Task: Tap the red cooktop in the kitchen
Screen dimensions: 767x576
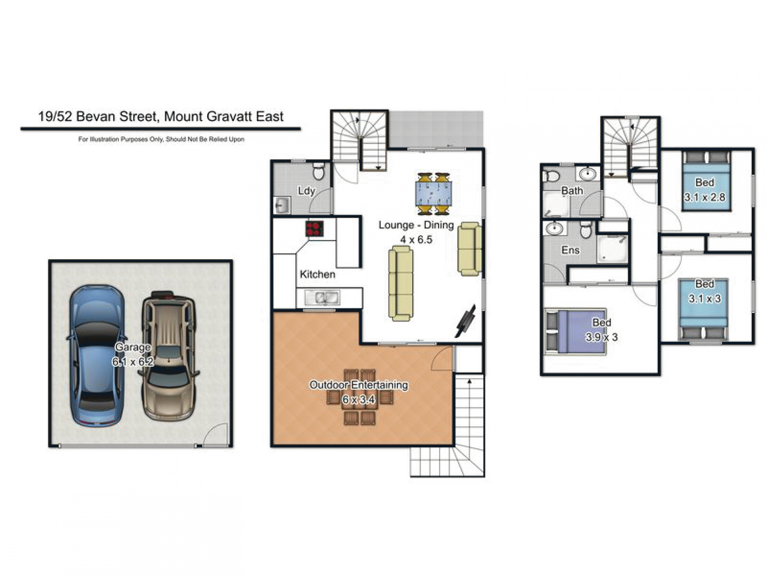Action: pyautogui.click(x=314, y=229)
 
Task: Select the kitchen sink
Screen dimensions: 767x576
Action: pyautogui.click(x=322, y=298)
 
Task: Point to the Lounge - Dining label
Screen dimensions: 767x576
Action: pyautogui.click(x=416, y=225)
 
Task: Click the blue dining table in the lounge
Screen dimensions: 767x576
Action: pyautogui.click(x=433, y=194)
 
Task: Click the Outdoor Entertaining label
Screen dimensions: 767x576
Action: pyautogui.click(x=359, y=385)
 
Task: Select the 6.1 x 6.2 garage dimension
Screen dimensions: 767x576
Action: pyautogui.click(x=133, y=361)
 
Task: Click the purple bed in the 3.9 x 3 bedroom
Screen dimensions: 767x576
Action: pyautogui.click(x=575, y=331)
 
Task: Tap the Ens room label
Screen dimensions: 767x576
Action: pyautogui.click(x=570, y=250)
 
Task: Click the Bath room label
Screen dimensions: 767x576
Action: pyautogui.click(x=572, y=190)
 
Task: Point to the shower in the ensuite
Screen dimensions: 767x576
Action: pyautogui.click(x=612, y=249)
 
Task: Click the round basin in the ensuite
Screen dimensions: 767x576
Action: pyautogui.click(x=554, y=228)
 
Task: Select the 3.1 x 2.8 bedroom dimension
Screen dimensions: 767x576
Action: pyautogui.click(x=704, y=197)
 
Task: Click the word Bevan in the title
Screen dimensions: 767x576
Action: pyautogui.click(x=96, y=116)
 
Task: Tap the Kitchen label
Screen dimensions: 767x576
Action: pyautogui.click(x=317, y=274)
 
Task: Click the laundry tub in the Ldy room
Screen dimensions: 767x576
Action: pyautogui.click(x=282, y=205)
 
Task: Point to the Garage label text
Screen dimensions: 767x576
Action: pyautogui.click(x=133, y=347)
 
